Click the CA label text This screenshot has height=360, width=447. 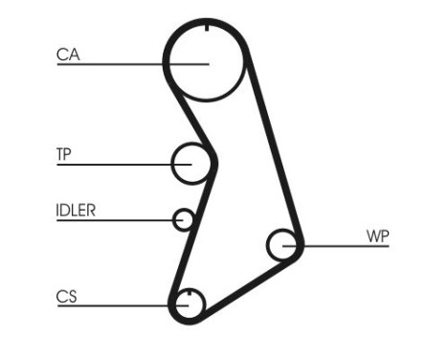tap(67, 55)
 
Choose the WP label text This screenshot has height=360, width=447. tap(377, 236)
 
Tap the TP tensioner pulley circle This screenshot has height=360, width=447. tap(191, 164)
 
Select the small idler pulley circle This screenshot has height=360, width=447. tap(184, 220)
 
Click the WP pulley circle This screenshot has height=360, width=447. tap(284, 245)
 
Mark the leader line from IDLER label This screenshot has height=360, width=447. tap(120, 221)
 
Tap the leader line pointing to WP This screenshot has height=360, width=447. tap(340, 246)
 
